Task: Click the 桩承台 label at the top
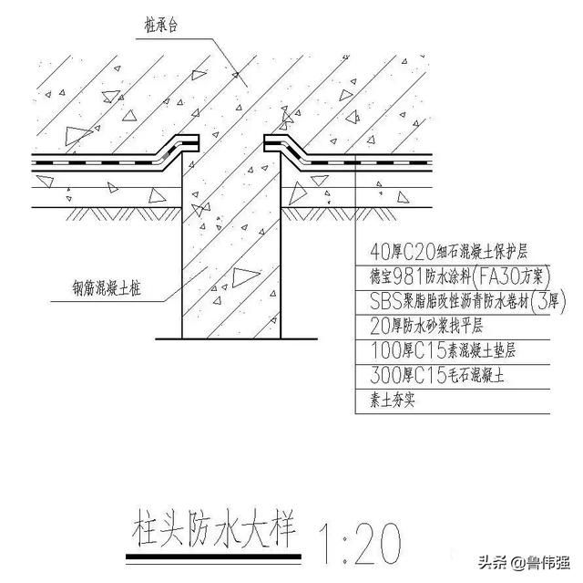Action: click(x=160, y=26)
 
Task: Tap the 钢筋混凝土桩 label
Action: click(x=107, y=288)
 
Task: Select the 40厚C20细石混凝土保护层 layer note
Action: click(x=449, y=252)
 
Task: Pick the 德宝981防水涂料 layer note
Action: click(x=421, y=276)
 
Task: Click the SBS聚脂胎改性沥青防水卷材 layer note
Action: click(x=449, y=301)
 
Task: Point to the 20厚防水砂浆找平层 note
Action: click(x=426, y=326)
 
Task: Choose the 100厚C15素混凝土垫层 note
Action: click(x=443, y=350)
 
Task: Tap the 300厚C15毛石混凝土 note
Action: click(x=437, y=375)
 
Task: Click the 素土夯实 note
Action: click(x=392, y=401)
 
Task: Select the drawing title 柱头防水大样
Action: click(x=214, y=528)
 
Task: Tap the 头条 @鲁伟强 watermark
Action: click(x=525, y=562)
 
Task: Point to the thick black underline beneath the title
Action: click(x=213, y=557)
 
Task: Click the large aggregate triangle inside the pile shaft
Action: click(x=245, y=277)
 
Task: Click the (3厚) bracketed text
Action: click(x=548, y=301)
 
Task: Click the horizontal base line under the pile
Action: click(x=237, y=338)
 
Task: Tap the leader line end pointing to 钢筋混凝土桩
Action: click(x=207, y=267)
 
